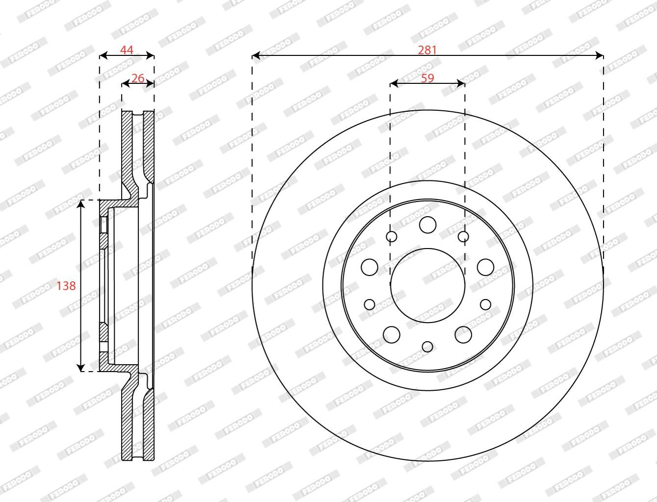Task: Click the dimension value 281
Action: pyautogui.click(x=427, y=50)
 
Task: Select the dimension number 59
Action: pyautogui.click(x=428, y=78)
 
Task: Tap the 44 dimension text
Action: pyautogui.click(x=126, y=50)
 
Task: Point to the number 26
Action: pyautogui.click(x=138, y=78)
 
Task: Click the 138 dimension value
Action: pyautogui.click(x=66, y=286)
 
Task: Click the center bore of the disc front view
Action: pyautogui.click(x=428, y=285)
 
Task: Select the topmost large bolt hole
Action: pyautogui.click(x=428, y=225)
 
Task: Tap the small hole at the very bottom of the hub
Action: pyautogui.click(x=428, y=347)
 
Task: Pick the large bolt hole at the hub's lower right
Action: pyautogui.click(x=463, y=334)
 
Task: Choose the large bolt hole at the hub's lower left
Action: pyautogui.click(x=392, y=334)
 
